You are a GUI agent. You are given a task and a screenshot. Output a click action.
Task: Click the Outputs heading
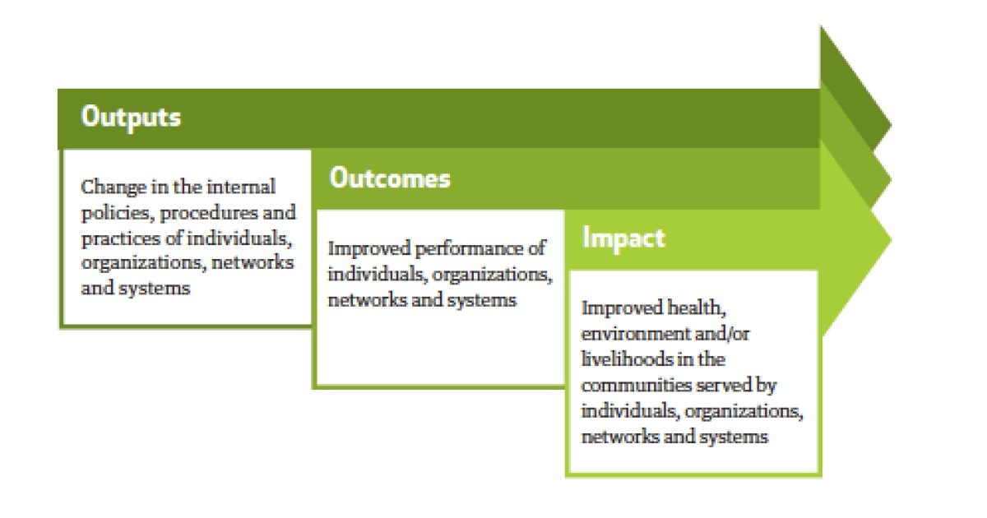tap(131, 118)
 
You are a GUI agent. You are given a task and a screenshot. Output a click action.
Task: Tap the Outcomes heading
tap(390, 178)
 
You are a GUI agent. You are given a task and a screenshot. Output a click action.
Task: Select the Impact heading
tap(623, 238)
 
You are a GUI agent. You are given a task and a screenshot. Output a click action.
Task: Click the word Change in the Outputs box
tap(114, 188)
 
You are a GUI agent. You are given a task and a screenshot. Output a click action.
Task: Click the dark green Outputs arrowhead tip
tap(892, 126)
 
